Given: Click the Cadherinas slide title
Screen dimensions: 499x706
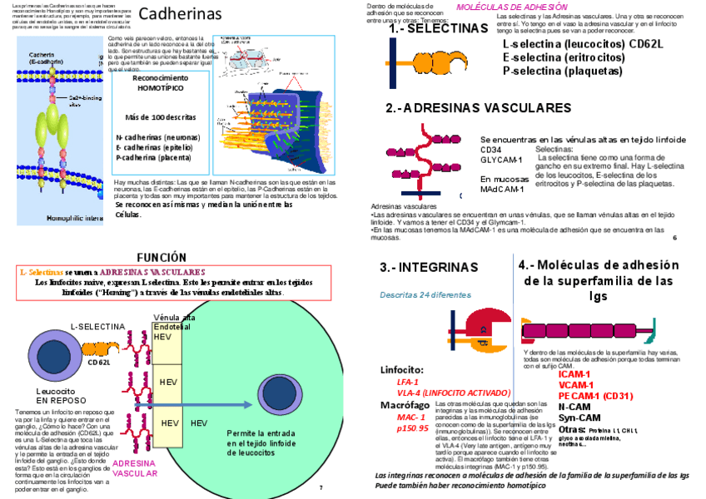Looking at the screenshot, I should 180,14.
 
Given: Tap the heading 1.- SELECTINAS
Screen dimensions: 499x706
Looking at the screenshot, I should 438,29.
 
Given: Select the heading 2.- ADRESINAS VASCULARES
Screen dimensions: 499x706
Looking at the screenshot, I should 478,108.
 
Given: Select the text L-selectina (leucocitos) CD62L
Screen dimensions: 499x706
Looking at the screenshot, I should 582,44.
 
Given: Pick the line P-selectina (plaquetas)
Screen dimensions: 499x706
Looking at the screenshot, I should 562,71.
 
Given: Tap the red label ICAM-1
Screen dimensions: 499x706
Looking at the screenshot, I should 574,374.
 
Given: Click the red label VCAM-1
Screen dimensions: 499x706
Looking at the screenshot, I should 575,385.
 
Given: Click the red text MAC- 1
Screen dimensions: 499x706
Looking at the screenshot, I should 411,417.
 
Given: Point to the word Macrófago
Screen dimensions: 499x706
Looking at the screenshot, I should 405,405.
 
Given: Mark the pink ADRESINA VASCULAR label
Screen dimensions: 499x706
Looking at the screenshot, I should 134,468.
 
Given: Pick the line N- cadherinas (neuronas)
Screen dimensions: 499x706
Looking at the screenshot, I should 157,137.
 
